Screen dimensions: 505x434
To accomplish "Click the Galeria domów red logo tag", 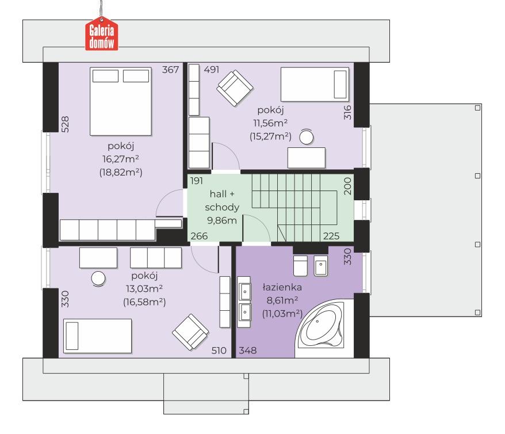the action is (x=101, y=36).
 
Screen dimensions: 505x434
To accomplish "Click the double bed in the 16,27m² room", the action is (x=121, y=101).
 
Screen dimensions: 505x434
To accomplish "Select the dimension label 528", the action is (x=65, y=124).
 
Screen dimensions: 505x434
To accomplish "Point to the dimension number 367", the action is (x=170, y=70).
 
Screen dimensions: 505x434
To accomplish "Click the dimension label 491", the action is (x=212, y=70).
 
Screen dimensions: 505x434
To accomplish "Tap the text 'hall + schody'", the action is (x=222, y=200).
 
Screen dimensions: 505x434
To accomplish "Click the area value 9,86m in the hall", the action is (x=222, y=220).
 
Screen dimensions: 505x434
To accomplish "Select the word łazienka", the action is (x=282, y=287).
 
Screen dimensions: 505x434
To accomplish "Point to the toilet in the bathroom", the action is (x=300, y=266).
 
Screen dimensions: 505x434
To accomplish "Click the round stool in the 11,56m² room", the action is (x=307, y=137).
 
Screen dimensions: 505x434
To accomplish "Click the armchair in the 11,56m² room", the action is (x=235, y=88).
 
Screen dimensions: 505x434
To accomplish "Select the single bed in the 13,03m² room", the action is (x=98, y=336).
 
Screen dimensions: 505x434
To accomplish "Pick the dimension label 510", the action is (x=219, y=351).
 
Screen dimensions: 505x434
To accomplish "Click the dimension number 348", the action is (x=248, y=351).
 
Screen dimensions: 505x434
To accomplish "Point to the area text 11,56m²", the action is (x=270, y=123).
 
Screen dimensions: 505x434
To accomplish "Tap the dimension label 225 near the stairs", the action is (x=331, y=236).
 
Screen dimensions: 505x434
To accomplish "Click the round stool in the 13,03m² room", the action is (x=98, y=279).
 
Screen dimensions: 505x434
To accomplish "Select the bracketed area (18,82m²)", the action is (x=121, y=172).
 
